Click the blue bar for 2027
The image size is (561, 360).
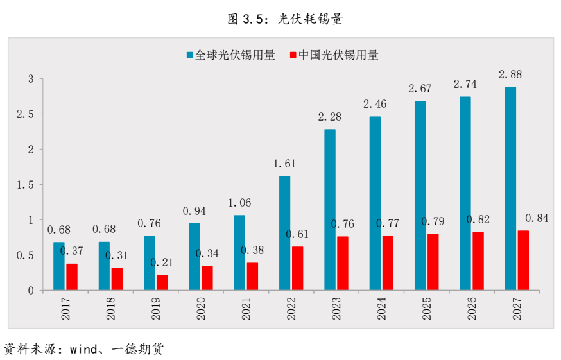510,189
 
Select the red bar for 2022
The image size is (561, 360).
297,268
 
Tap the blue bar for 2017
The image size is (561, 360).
59,266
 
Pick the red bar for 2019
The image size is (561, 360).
162,282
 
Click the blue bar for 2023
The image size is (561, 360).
329,210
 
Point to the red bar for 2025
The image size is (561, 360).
433,262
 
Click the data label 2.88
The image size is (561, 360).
510,74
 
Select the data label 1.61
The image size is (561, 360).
284,164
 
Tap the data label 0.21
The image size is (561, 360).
162,262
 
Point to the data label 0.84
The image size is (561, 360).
537,218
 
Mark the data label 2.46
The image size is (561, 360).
375,104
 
